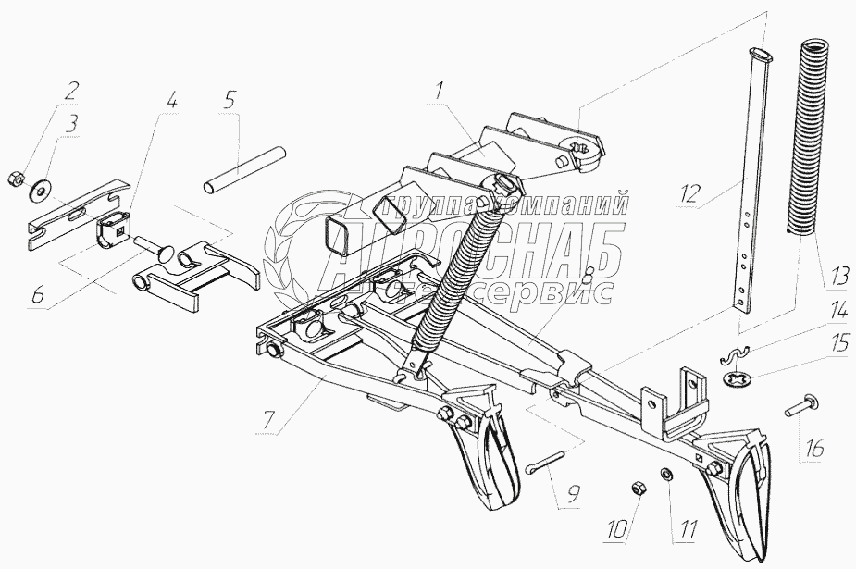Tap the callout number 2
click(x=70, y=92)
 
